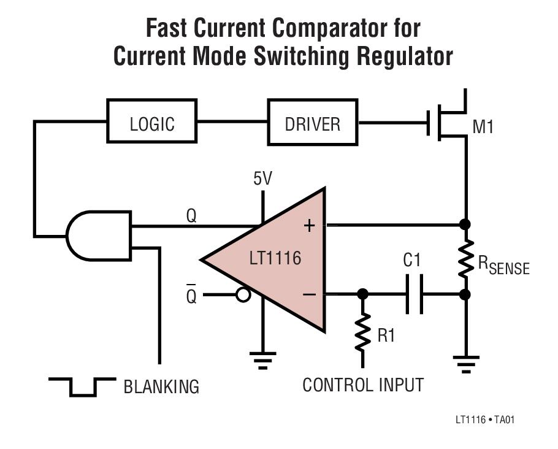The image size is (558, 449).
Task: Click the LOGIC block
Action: (x=152, y=121)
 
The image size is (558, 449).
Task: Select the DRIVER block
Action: (x=313, y=122)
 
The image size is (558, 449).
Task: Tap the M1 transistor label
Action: (x=483, y=127)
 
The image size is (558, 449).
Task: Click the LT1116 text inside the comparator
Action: (x=275, y=258)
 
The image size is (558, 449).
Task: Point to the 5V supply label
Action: (x=262, y=178)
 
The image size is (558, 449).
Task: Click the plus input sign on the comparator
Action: (x=309, y=226)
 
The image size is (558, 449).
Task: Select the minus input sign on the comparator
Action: (x=309, y=294)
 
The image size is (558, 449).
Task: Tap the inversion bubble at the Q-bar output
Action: (x=244, y=295)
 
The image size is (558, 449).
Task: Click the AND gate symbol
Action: (x=99, y=236)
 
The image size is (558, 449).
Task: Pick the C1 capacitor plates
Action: (x=415, y=294)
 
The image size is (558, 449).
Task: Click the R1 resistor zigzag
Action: (x=362, y=332)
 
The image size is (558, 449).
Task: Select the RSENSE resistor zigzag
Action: (x=465, y=259)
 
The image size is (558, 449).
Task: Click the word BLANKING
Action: (x=161, y=386)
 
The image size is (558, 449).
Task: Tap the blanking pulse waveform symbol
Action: (x=82, y=387)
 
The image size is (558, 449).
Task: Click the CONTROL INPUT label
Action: (x=363, y=385)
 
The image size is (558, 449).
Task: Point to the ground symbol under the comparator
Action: (x=262, y=360)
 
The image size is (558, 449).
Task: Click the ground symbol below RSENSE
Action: (x=466, y=364)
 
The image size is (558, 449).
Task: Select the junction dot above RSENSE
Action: (x=465, y=224)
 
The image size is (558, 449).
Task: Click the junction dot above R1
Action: (x=362, y=294)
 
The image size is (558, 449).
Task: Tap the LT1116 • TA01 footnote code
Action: (x=485, y=420)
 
